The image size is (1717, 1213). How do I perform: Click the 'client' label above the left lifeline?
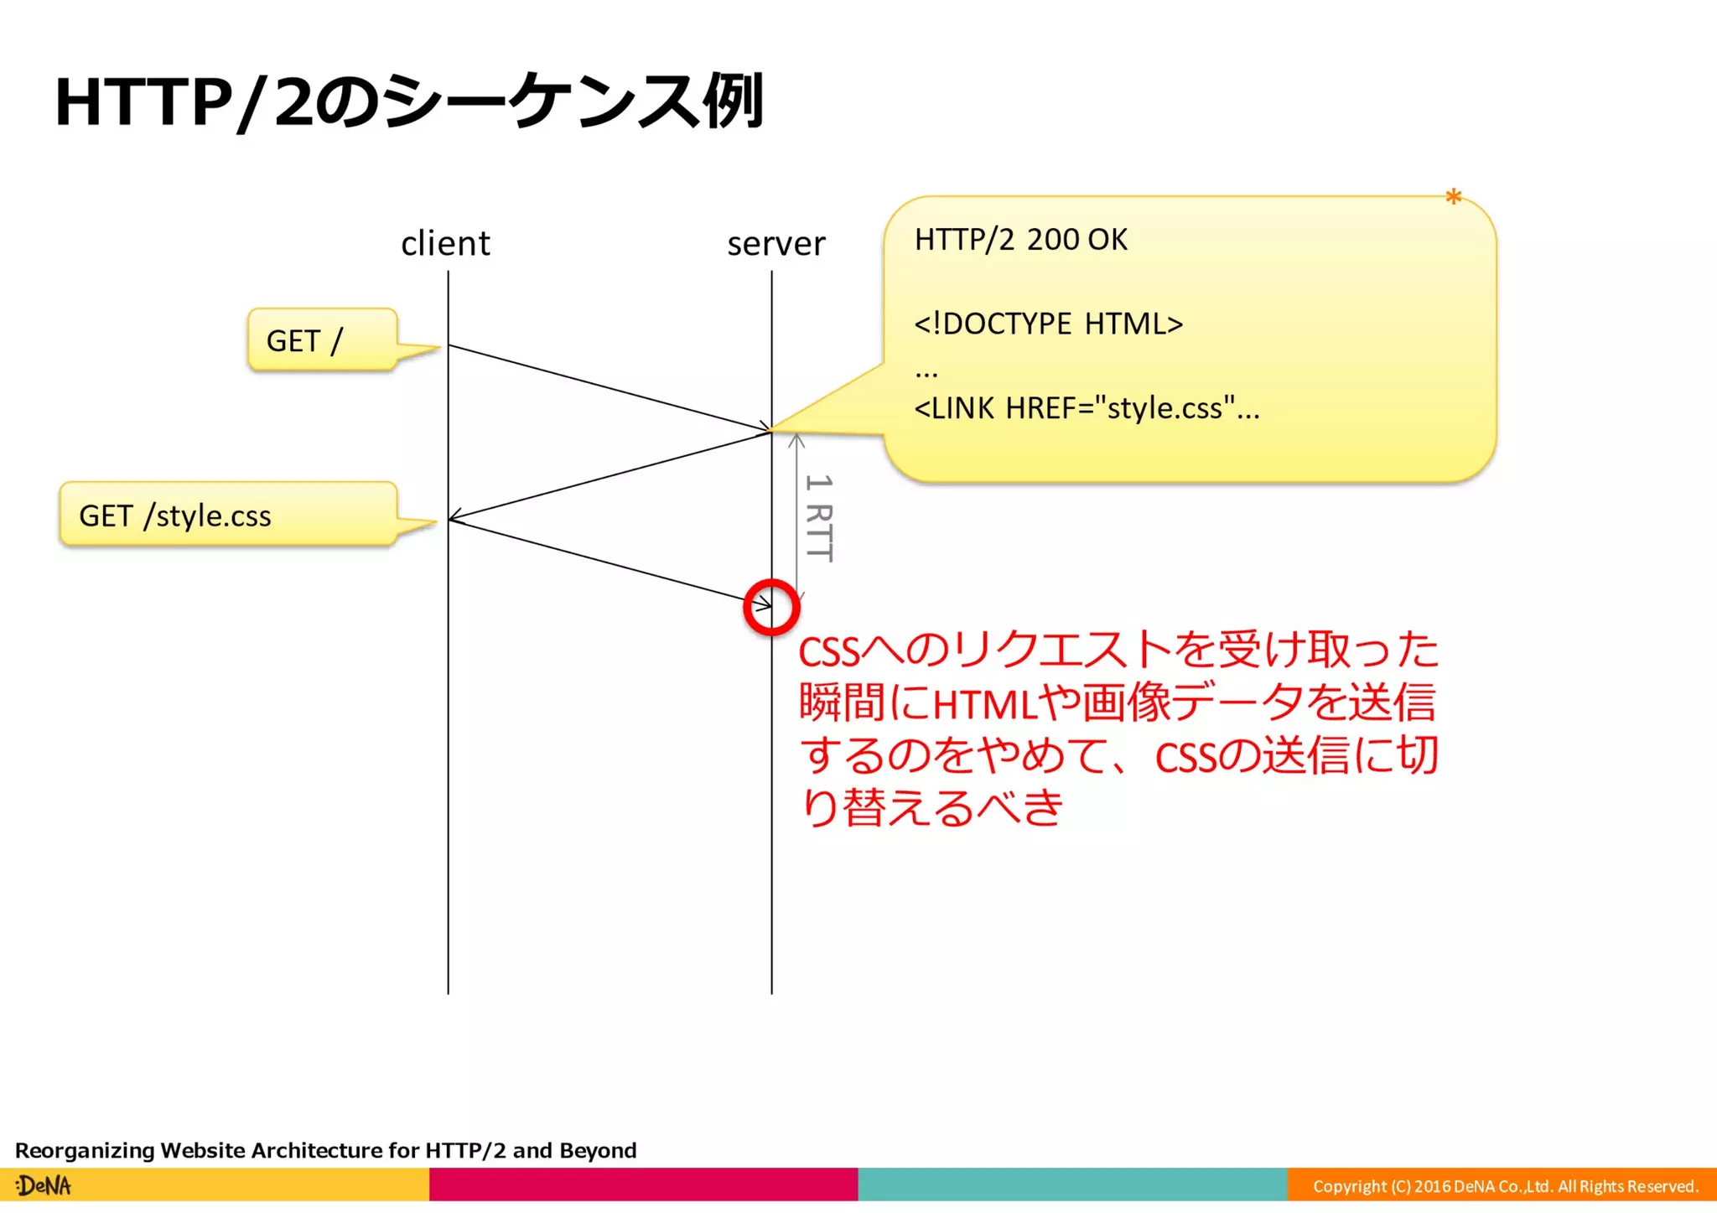click(x=445, y=244)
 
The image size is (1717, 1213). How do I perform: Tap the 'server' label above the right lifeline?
click(x=776, y=244)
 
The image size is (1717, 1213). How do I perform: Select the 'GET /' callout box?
click(x=321, y=340)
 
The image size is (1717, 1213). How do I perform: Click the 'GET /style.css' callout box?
click(x=227, y=515)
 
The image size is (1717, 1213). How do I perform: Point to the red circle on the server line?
click(x=771, y=607)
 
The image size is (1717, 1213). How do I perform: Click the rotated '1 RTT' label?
click(x=819, y=517)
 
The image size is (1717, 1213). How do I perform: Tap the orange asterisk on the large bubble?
click(x=1453, y=199)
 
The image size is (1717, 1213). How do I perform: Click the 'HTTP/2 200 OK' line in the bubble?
click(x=1020, y=240)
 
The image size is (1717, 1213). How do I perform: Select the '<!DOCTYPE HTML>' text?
click(x=1048, y=324)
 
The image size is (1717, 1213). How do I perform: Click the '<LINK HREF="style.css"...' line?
click(x=1086, y=408)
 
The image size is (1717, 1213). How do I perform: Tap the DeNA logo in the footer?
click(x=44, y=1185)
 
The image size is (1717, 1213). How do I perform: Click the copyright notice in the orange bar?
click(x=1504, y=1186)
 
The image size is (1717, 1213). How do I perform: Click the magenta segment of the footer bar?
click(x=643, y=1184)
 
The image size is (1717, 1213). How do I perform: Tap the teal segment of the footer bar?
click(x=1072, y=1184)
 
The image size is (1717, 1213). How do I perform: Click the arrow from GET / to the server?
click(x=610, y=388)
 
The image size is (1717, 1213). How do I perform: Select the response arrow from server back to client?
click(x=610, y=475)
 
